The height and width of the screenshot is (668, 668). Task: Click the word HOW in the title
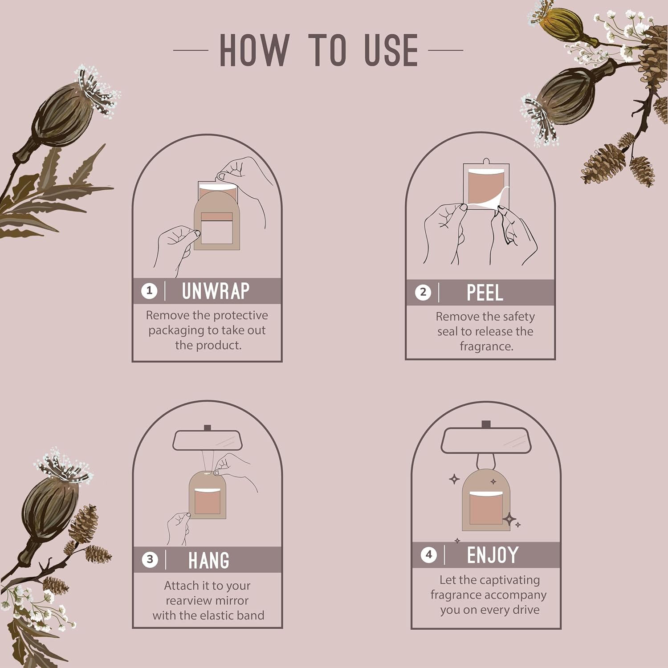pos(254,50)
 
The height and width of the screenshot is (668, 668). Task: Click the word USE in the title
pos(391,50)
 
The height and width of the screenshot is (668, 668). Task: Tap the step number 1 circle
pos(149,291)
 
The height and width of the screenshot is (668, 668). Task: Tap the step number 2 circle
pos(423,293)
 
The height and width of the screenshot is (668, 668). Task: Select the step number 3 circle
pos(150,559)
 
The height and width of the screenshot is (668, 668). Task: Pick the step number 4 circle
pos(429,554)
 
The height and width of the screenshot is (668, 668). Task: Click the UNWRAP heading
pos(216,291)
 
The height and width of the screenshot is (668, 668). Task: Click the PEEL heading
pos(485,293)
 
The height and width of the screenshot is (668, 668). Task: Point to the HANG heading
pos(209,560)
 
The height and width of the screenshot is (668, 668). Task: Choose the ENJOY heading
pos(493,555)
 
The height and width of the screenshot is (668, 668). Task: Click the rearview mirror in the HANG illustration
pos(207,440)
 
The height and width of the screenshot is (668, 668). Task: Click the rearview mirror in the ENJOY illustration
pos(486,440)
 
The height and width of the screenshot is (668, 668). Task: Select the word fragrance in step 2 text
pos(486,346)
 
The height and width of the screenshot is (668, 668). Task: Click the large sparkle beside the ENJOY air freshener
pos(509,519)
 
